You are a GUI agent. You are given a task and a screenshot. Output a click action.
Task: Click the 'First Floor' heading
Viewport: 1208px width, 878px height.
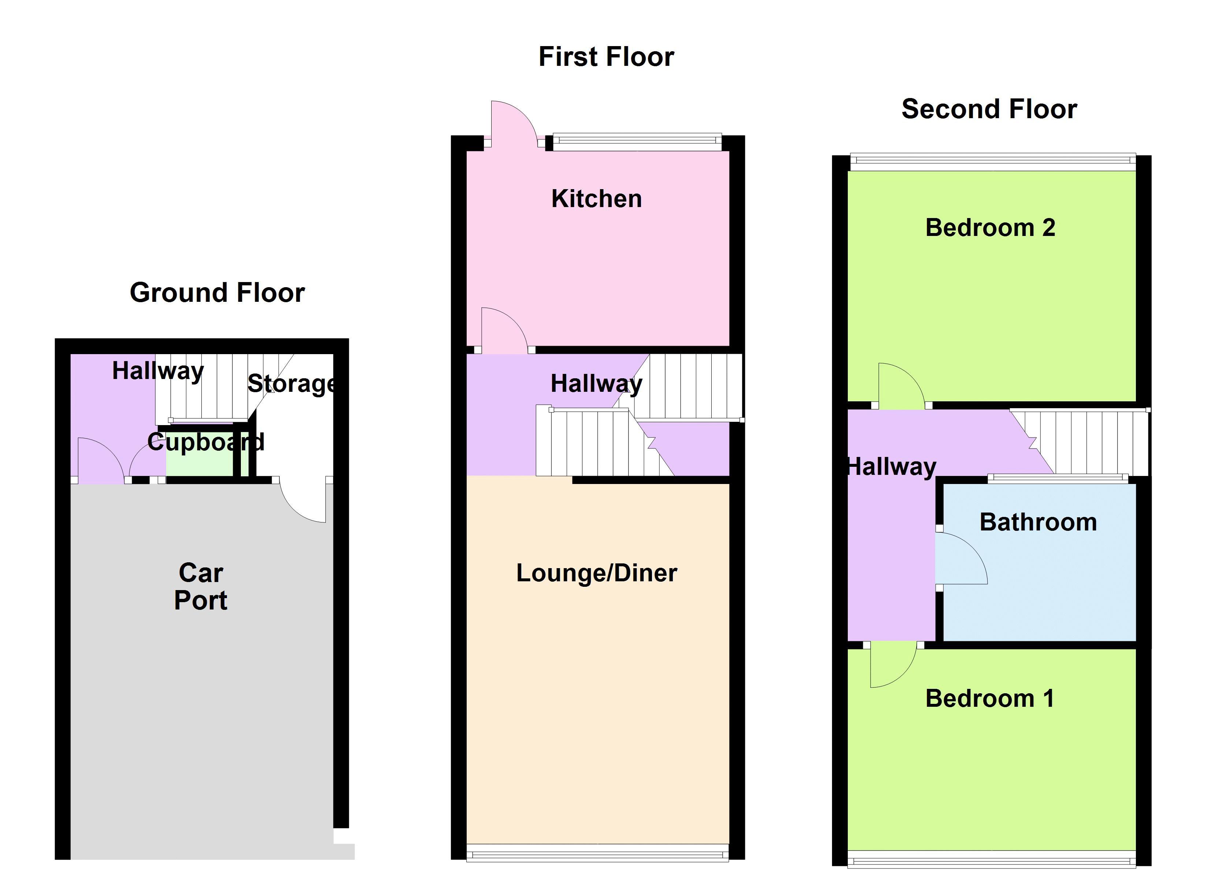pyautogui.click(x=606, y=57)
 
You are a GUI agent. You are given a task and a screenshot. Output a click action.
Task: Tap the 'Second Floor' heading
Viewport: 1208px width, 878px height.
pyautogui.click(x=989, y=109)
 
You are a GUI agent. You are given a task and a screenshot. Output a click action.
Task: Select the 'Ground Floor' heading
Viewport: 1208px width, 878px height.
pyautogui.click(x=217, y=293)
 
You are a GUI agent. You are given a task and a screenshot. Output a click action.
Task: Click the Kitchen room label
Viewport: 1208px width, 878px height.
pyautogui.click(x=597, y=199)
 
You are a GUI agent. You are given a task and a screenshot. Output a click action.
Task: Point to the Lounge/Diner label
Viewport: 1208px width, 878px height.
pyautogui.click(x=597, y=573)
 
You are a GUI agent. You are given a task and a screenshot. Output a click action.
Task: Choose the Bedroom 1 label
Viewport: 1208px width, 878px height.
pyautogui.click(x=989, y=699)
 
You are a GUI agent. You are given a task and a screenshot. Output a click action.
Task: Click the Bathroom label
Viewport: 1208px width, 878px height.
pyautogui.click(x=1038, y=522)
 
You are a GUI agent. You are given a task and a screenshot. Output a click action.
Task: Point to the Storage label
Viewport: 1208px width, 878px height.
pyautogui.click(x=292, y=383)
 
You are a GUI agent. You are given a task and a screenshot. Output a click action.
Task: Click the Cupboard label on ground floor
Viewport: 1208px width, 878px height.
pyautogui.click(x=206, y=442)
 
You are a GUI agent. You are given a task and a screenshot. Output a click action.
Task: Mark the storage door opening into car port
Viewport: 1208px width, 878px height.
pyautogui.click(x=302, y=500)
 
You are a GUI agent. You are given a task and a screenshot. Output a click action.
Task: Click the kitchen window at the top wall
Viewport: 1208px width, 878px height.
pyautogui.click(x=637, y=141)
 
